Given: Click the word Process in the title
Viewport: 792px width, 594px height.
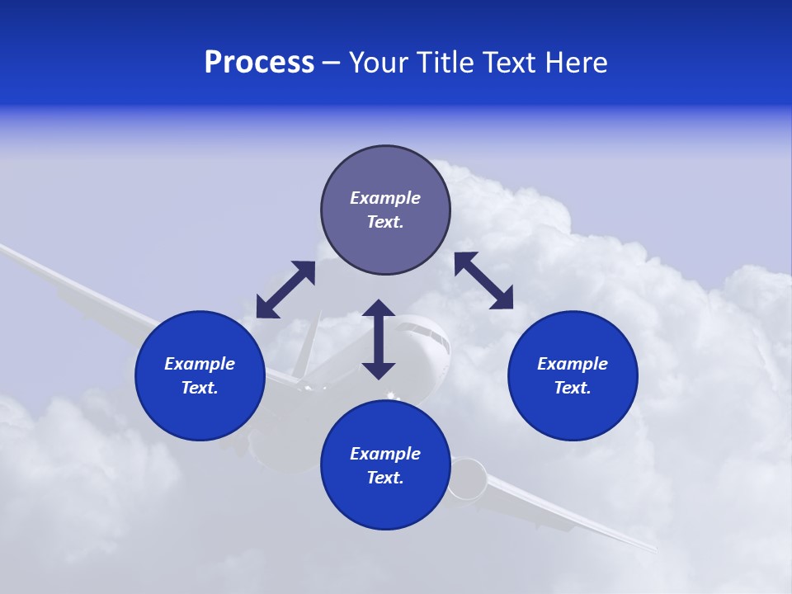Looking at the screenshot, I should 259,63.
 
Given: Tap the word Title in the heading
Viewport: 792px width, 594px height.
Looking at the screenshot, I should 444,63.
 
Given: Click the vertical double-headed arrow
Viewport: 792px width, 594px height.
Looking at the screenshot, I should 379,339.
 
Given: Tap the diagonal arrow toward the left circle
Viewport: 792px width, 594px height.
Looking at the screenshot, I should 285,290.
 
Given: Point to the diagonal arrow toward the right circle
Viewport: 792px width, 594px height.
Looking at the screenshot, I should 483,280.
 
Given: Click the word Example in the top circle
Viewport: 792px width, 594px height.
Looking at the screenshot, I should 385,198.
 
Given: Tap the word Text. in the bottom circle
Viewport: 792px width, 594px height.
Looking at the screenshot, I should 385,478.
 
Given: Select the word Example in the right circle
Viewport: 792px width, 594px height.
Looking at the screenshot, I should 573,364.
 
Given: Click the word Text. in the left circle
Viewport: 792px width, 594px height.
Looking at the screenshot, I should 200,388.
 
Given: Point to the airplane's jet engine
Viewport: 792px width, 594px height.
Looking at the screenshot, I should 468,479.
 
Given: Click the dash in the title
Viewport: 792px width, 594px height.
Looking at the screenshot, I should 331,63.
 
